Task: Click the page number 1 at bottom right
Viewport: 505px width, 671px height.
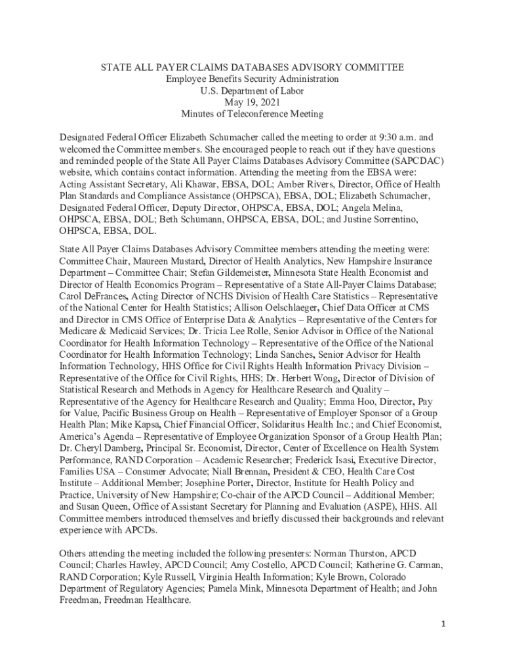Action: tap(443, 624)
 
